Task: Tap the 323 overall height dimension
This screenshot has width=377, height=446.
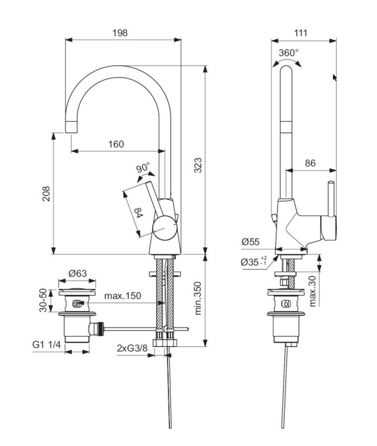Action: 198,166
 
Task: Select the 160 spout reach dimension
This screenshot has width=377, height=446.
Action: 116,144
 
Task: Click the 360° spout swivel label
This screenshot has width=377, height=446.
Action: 289,53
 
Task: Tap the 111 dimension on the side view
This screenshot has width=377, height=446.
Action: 301,33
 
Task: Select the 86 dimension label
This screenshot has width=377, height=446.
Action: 310,163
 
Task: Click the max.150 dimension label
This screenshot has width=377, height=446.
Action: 123,296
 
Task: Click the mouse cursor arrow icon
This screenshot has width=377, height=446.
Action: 335,78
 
